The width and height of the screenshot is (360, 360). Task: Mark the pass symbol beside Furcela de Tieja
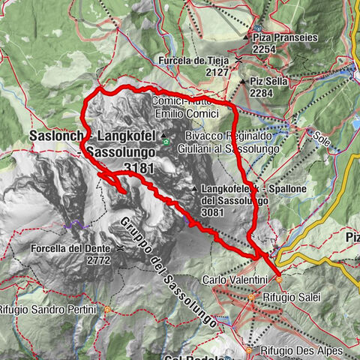click(238, 60)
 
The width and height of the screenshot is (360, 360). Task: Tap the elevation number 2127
click(217, 73)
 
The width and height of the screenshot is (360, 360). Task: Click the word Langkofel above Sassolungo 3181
click(127, 136)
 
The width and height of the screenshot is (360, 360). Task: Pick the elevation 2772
click(98, 260)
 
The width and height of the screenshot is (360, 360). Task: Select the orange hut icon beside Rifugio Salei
click(251, 298)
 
